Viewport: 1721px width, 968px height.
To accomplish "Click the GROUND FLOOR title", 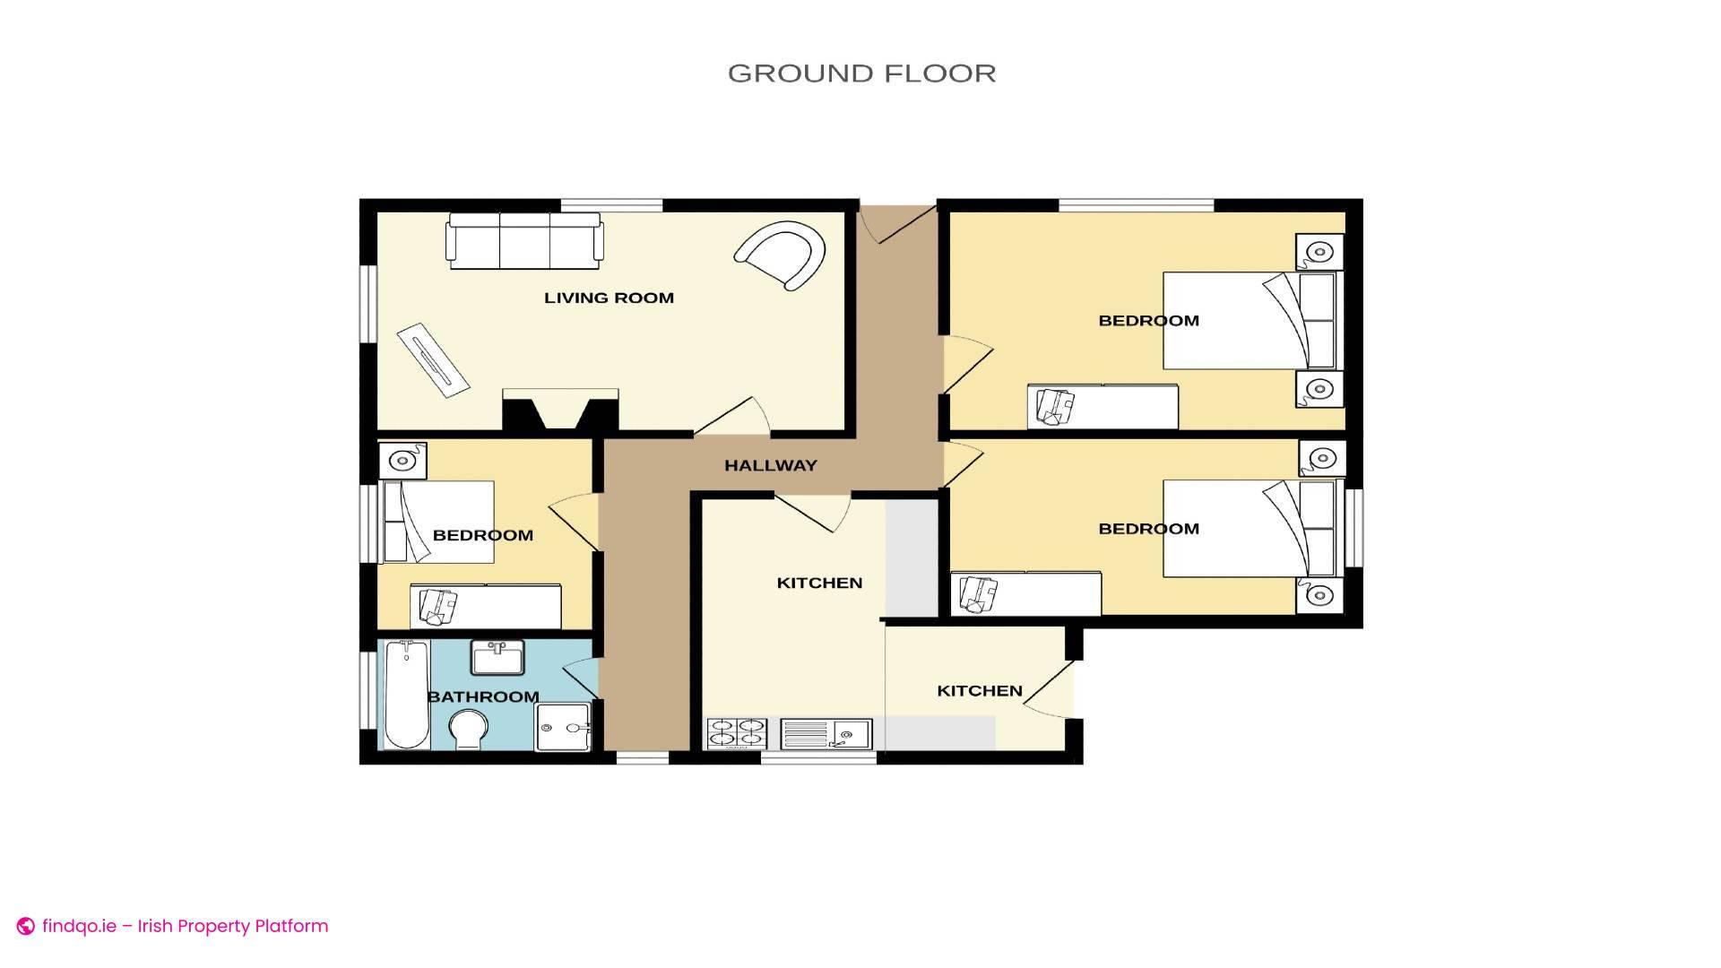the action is (x=861, y=73).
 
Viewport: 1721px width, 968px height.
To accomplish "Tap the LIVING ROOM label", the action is (x=609, y=298).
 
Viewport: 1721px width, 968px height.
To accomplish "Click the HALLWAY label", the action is (x=771, y=465).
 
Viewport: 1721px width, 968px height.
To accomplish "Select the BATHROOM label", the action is (x=483, y=696).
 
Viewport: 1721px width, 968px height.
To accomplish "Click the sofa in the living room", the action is (x=525, y=241).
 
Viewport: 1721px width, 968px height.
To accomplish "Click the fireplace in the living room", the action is (x=560, y=411).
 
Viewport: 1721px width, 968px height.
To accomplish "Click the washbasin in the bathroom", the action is (x=497, y=658).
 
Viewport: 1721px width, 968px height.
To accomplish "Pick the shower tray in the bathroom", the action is (x=563, y=727).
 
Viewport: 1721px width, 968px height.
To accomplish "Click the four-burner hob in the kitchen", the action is (x=737, y=734).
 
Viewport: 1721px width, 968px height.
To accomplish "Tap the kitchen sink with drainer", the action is (x=826, y=734).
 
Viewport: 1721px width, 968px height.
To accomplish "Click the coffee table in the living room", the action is (x=434, y=356).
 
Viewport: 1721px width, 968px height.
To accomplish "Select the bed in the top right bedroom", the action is (x=1250, y=321).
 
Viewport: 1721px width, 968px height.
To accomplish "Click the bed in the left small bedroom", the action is (x=438, y=522).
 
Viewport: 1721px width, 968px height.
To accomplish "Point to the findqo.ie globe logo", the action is (x=26, y=927).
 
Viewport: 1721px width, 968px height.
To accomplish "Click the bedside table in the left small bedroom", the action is (x=402, y=461).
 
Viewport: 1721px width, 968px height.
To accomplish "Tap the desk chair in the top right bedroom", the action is (x=1055, y=406).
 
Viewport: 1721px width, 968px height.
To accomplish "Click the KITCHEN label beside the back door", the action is (x=980, y=691).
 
